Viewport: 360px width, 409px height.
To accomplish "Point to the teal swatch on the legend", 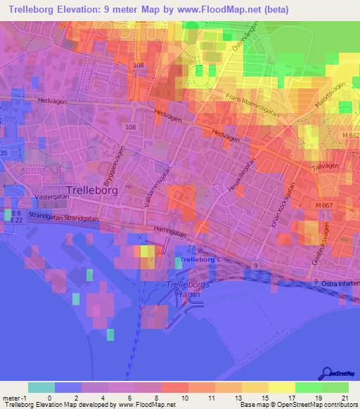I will [x=41, y=387].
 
